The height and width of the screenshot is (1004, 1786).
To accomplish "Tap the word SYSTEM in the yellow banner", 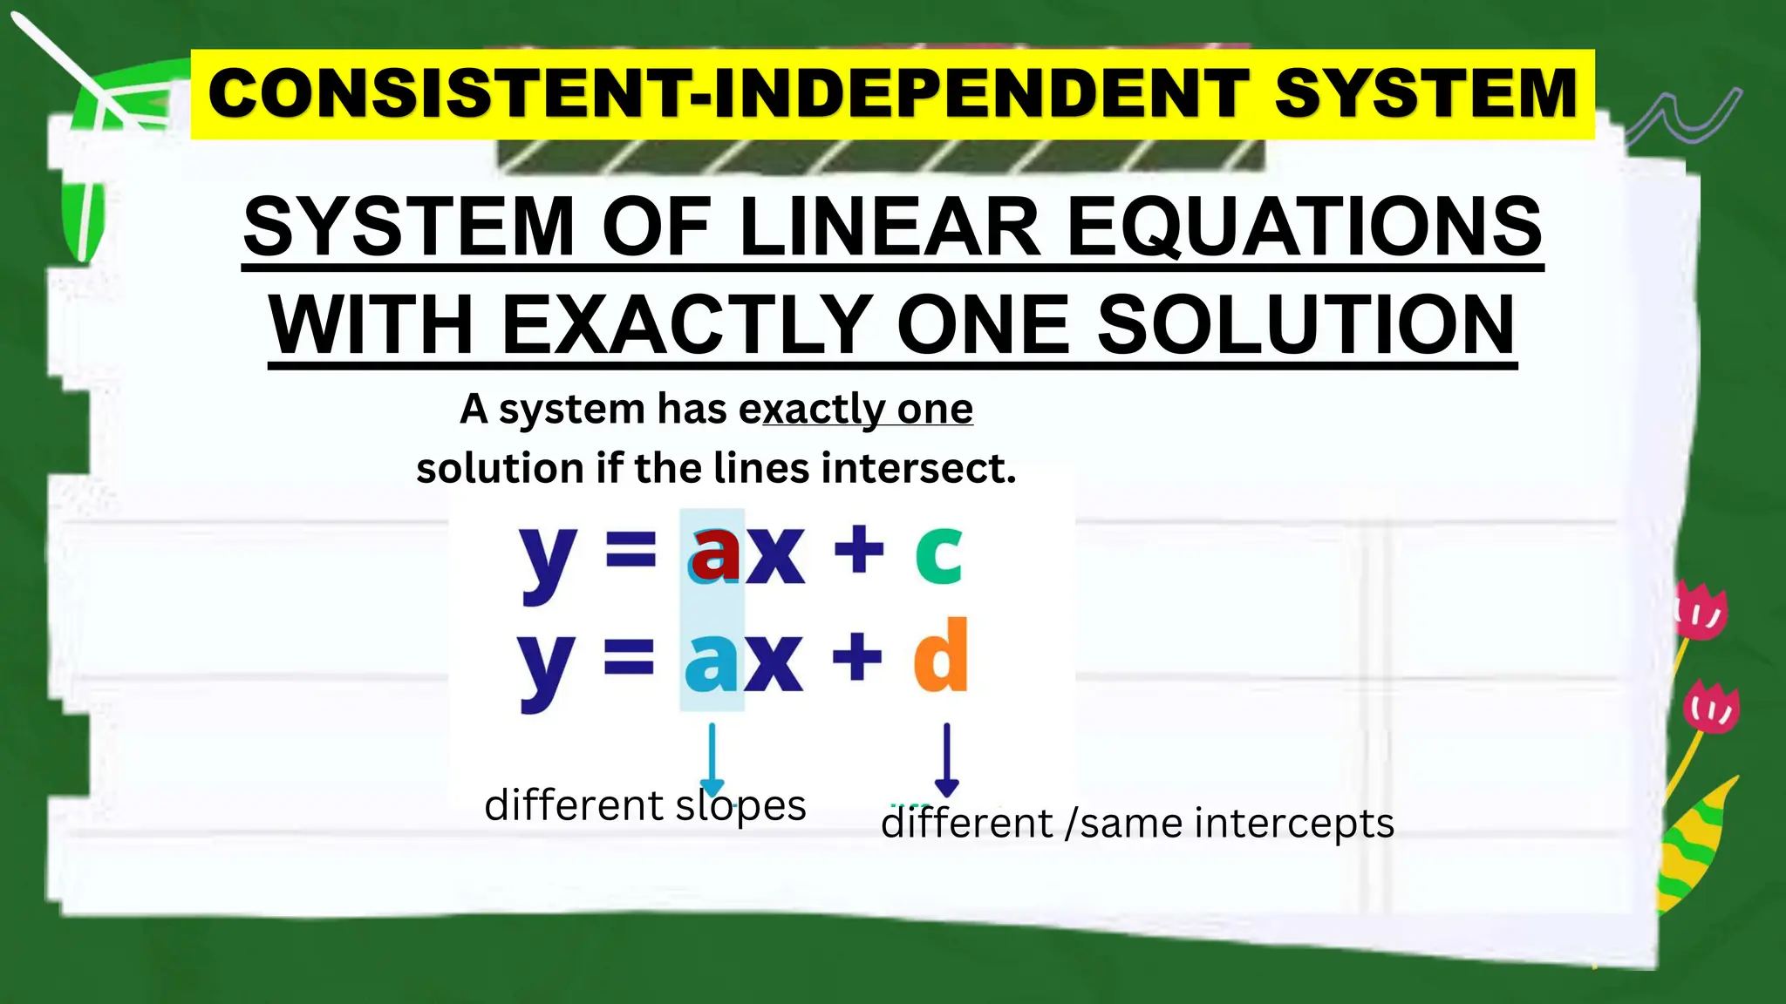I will point(1426,94).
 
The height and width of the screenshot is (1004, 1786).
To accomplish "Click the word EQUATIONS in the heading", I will point(1305,227).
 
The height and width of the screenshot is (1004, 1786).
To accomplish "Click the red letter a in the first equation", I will point(715,553).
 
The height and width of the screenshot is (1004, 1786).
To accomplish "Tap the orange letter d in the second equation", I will point(941,655).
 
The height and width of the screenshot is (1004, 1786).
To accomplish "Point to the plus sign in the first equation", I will point(859,552).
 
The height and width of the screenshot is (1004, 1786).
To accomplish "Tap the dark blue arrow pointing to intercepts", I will point(946,758).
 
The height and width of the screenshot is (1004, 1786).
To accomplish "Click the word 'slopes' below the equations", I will point(740,806).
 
